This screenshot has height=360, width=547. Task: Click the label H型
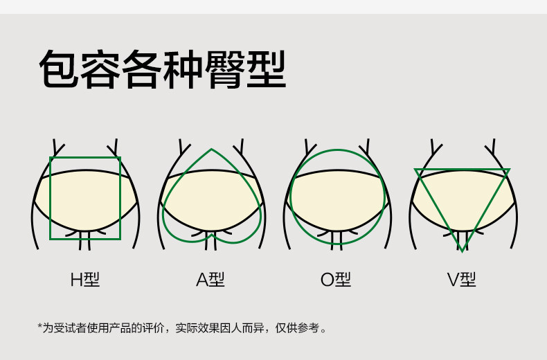pyautogui.click(x=85, y=280)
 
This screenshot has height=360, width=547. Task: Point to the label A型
pyautogui.click(x=210, y=280)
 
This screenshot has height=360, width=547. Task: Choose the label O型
pyautogui.click(x=336, y=280)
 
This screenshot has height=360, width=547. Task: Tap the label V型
pyautogui.click(x=461, y=280)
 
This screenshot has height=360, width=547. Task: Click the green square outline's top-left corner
pyautogui.click(x=51, y=158)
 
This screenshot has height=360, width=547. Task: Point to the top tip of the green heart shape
pyautogui.click(x=211, y=150)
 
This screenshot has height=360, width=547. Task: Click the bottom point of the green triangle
pyautogui.click(x=462, y=251)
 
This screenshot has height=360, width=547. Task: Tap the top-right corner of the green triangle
pyautogui.click(x=509, y=170)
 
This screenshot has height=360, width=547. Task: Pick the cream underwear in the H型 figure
pyautogui.click(x=85, y=201)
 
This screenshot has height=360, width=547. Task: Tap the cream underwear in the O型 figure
pyautogui.click(x=337, y=201)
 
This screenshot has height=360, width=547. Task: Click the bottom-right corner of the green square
pyautogui.click(x=120, y=239)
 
